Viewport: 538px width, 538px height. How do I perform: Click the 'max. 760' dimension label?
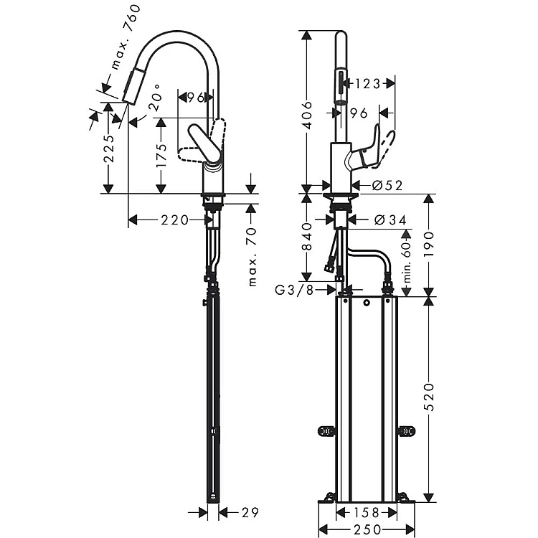tap(126, 37)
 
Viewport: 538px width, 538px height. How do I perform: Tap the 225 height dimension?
tap(109, 149)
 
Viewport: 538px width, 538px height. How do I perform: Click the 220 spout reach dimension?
tap(175, 220)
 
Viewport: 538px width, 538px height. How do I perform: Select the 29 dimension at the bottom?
tap(250, 513)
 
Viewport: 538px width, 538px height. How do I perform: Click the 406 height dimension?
tap(307, 115)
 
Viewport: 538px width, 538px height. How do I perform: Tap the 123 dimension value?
tap(367, 84)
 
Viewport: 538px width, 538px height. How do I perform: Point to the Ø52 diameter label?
tap(387, 186)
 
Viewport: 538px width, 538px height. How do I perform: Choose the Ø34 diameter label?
tap(390, 220)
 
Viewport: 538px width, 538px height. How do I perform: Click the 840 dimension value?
tap(307, 237)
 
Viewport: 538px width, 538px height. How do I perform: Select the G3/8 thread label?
tap(294, 291)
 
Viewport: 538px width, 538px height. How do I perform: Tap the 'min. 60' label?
tap(407, 262)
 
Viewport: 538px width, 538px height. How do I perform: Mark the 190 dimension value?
tap(429, 245)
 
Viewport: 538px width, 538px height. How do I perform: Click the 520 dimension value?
tap(429, 397)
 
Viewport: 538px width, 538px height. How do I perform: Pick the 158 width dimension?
tap(367, 513)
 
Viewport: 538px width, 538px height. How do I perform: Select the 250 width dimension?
tap(367, 529)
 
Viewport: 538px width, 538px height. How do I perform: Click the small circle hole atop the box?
tap(367, 303)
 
